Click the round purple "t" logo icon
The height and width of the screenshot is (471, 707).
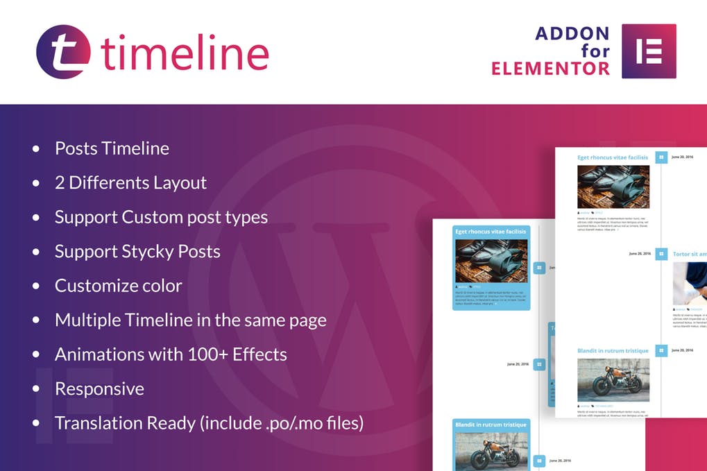point(63,52)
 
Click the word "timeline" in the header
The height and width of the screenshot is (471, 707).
point(185,53)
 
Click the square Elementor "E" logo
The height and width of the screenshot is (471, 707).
point(649,51)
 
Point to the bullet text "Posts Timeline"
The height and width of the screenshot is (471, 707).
point(112,148)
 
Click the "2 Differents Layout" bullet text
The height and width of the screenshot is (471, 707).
point(130,182)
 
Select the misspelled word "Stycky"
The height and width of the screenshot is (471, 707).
point(143,251)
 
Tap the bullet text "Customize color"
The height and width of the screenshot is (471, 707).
point(118,286)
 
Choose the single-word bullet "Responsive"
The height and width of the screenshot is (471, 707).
point(99,388)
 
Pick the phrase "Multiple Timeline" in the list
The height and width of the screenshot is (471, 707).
point(113,320)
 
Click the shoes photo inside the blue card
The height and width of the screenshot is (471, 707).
point(491,261)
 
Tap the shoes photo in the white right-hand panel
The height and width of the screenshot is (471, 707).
point(613,187)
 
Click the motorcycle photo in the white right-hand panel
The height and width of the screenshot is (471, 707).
point(613,379)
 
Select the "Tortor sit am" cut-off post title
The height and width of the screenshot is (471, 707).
point(689,255)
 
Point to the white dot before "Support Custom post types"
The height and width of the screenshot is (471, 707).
point(36,217)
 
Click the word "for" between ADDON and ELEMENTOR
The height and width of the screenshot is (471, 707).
point(595,51)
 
